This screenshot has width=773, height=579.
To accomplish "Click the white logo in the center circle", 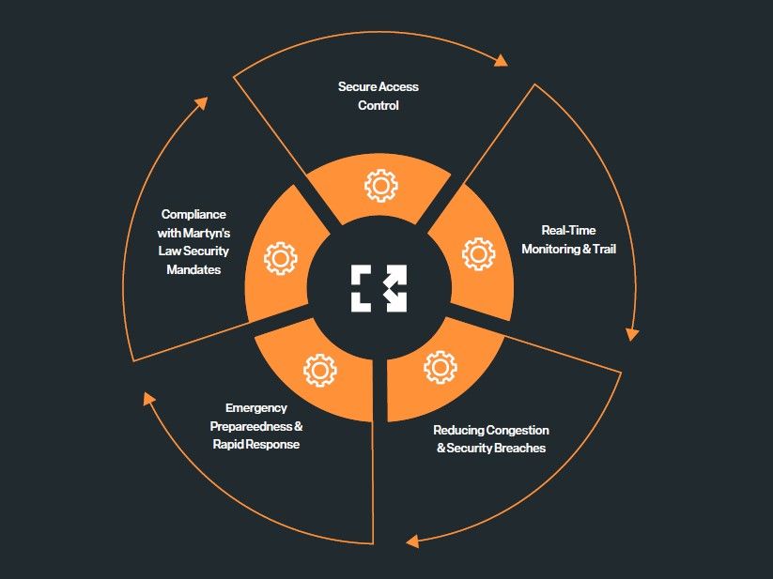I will (379, 288).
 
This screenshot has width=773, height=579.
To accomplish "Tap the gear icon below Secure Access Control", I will (380, 185).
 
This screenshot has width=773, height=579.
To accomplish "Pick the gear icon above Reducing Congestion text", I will (440, 367).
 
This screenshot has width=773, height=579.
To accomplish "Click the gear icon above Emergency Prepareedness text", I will (319, 370).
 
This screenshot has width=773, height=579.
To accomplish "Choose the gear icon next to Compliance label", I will (280, 258).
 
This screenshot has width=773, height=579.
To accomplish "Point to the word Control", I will (379, 105).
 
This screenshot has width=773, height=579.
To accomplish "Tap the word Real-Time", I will (568, 230).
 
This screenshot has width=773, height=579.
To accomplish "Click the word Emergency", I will (256, 408).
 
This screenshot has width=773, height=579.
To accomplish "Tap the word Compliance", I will (193, 214).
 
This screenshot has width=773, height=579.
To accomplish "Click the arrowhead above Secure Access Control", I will (501, 61).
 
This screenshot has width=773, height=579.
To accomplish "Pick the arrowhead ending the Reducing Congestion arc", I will (411, 541).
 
